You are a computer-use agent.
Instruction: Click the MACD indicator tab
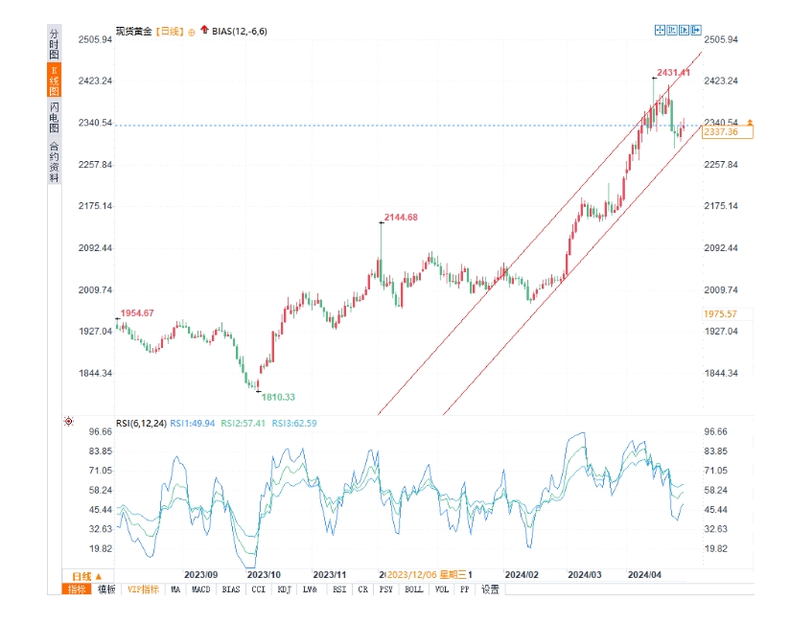[x=200, y=589]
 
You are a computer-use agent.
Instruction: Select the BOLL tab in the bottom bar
[x=412, y=589]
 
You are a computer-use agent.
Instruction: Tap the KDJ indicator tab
[x=284, y=589]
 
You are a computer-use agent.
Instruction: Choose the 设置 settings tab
[x=490, y=589]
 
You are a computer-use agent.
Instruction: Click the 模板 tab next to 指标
[x=106, y=589]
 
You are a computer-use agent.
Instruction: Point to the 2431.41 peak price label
[x=673, y=73]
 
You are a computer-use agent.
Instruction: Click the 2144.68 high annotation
[x=401, y=218]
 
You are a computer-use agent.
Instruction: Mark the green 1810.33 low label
[x=278, y=397]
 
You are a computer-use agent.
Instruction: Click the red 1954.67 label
[x=137, y=313]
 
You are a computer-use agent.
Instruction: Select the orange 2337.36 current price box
[x=720, y=132]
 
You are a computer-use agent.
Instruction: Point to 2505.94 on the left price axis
[x=96, y=39]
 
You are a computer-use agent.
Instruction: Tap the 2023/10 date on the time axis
[x=264, y=574]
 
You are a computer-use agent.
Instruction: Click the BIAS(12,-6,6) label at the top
[x=239, y=32]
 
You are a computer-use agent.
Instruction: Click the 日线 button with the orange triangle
[x=85, y=575]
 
